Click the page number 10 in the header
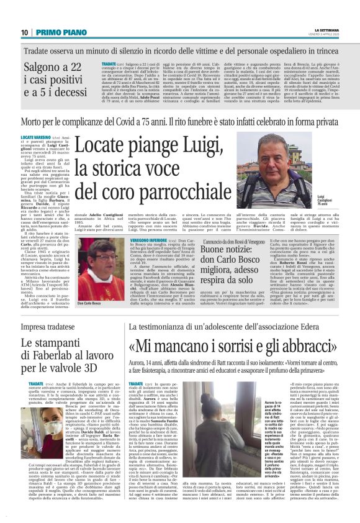pyautogui.click(x=24, y=32)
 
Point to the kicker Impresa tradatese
pyautogui.click(x=47, y=327)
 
